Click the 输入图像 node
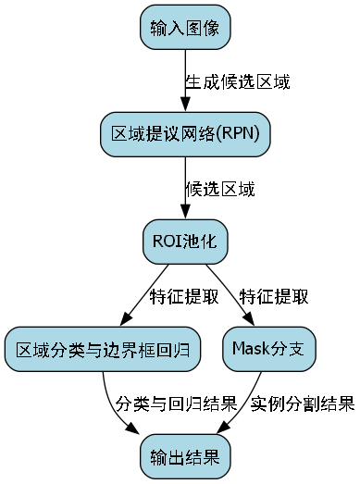coord(185,28)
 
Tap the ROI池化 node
coord(185,242)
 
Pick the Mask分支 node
coord(269,349)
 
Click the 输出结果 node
coord(185,456)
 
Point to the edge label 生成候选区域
coord(238,81)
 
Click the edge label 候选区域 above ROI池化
coord(220,189)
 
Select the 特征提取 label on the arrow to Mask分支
coord(274,296)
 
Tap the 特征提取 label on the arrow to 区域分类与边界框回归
coord(184,296)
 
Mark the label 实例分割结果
coord(303,403)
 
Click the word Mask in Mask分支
coord(249,349)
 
